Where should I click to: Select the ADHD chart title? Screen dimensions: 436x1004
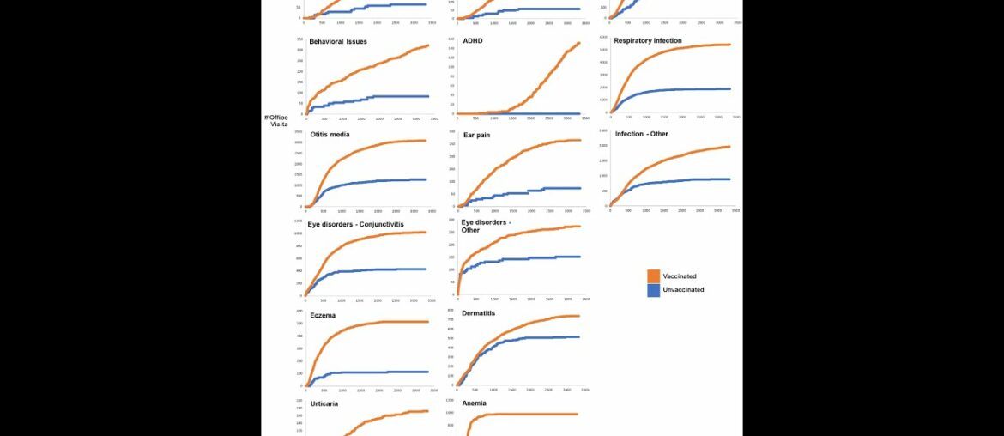[473, 40]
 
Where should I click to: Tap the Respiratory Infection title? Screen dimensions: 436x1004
[648, 40]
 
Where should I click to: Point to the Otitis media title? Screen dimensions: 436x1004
[330, 135]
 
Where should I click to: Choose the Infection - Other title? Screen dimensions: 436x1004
[641, 134]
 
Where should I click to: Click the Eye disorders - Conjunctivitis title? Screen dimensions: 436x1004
[355, 224]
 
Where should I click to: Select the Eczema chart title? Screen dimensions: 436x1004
[323, 315]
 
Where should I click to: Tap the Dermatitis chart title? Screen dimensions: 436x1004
[478, 313]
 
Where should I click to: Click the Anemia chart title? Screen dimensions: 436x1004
[474, 403]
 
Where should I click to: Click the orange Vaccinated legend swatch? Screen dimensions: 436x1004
[653, 276]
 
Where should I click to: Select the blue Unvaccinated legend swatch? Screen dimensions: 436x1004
[653, 290]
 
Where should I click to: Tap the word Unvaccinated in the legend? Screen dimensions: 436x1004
[683, 290]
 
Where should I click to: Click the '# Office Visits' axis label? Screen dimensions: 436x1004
[275, 121]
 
